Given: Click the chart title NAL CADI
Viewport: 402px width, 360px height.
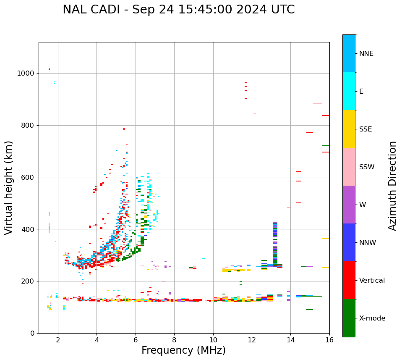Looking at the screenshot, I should (178, 10).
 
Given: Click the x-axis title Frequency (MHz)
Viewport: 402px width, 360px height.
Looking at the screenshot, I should (183, 350).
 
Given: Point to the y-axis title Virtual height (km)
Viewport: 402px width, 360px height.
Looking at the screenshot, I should (9, 188).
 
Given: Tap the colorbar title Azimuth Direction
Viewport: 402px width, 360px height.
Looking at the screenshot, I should (392, 186).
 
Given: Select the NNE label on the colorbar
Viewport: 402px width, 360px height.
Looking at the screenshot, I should (366, 54).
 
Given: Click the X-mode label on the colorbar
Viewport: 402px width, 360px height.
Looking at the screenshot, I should (372, 318).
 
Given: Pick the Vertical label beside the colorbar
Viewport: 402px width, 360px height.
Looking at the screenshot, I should (372, 281).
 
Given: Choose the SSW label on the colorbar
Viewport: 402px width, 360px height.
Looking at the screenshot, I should (367, 167).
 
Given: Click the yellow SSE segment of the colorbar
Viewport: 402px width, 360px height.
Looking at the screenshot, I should (349, 129).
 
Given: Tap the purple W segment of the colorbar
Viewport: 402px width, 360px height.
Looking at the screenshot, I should (349, 205).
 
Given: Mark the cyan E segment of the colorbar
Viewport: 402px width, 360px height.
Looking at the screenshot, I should (349, 91).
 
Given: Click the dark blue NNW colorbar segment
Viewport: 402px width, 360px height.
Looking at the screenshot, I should (349, 242).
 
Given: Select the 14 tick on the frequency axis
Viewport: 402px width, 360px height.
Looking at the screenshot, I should (290, 340).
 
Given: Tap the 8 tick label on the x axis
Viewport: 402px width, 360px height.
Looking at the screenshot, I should (174, 340).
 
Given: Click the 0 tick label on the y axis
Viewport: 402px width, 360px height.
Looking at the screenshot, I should (31, 333).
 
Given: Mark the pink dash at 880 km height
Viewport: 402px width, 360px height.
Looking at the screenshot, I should (317, 104).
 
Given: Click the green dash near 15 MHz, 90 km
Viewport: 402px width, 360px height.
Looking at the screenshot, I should (310, 310).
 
